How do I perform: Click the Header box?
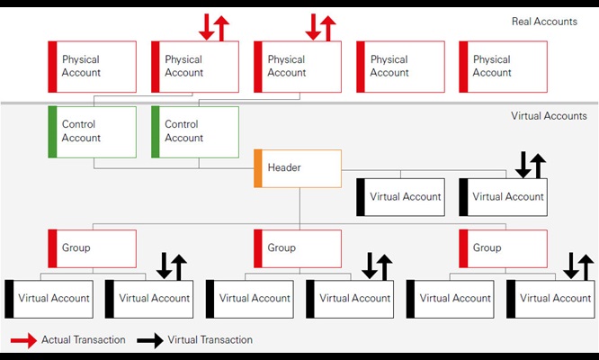[298, 168]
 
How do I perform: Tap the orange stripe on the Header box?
[257, 168]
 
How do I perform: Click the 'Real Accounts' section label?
[544, 21]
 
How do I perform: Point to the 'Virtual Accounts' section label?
[549, 116]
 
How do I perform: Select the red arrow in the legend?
[23, 340]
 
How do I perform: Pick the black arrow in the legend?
[150, 340]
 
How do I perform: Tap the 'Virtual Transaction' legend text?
[210, 340]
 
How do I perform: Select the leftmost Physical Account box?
[93, 67]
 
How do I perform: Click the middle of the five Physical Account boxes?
[298, 67]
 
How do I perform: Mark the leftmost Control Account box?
[93, 131]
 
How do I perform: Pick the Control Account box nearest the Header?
[195, 131]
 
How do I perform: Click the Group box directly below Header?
[298, 247]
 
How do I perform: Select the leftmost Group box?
[93, 247]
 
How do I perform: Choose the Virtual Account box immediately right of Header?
[400, 196]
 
